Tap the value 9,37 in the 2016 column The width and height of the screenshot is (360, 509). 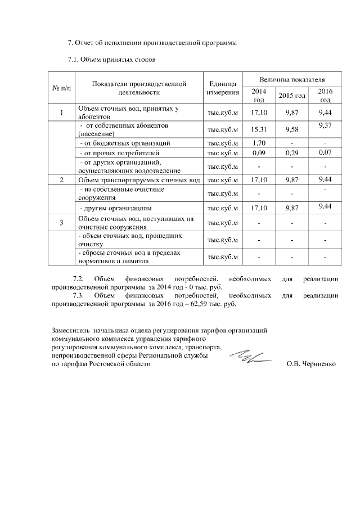click(325, 126)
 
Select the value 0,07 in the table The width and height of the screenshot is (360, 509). click(325, 152)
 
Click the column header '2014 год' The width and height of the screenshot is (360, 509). click(259, 95)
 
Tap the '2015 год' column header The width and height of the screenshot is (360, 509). click(291, 96)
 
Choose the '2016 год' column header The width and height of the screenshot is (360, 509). click(325, 95)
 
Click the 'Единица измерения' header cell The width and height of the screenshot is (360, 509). click(223, 88)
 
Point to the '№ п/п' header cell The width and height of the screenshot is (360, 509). click(62, 88)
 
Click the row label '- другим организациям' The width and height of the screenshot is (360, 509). click(110, 208)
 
